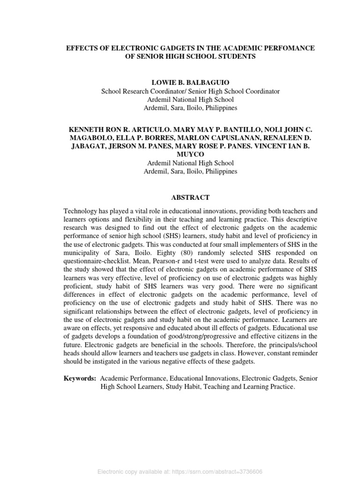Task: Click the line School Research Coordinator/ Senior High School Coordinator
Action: [184, 91]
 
